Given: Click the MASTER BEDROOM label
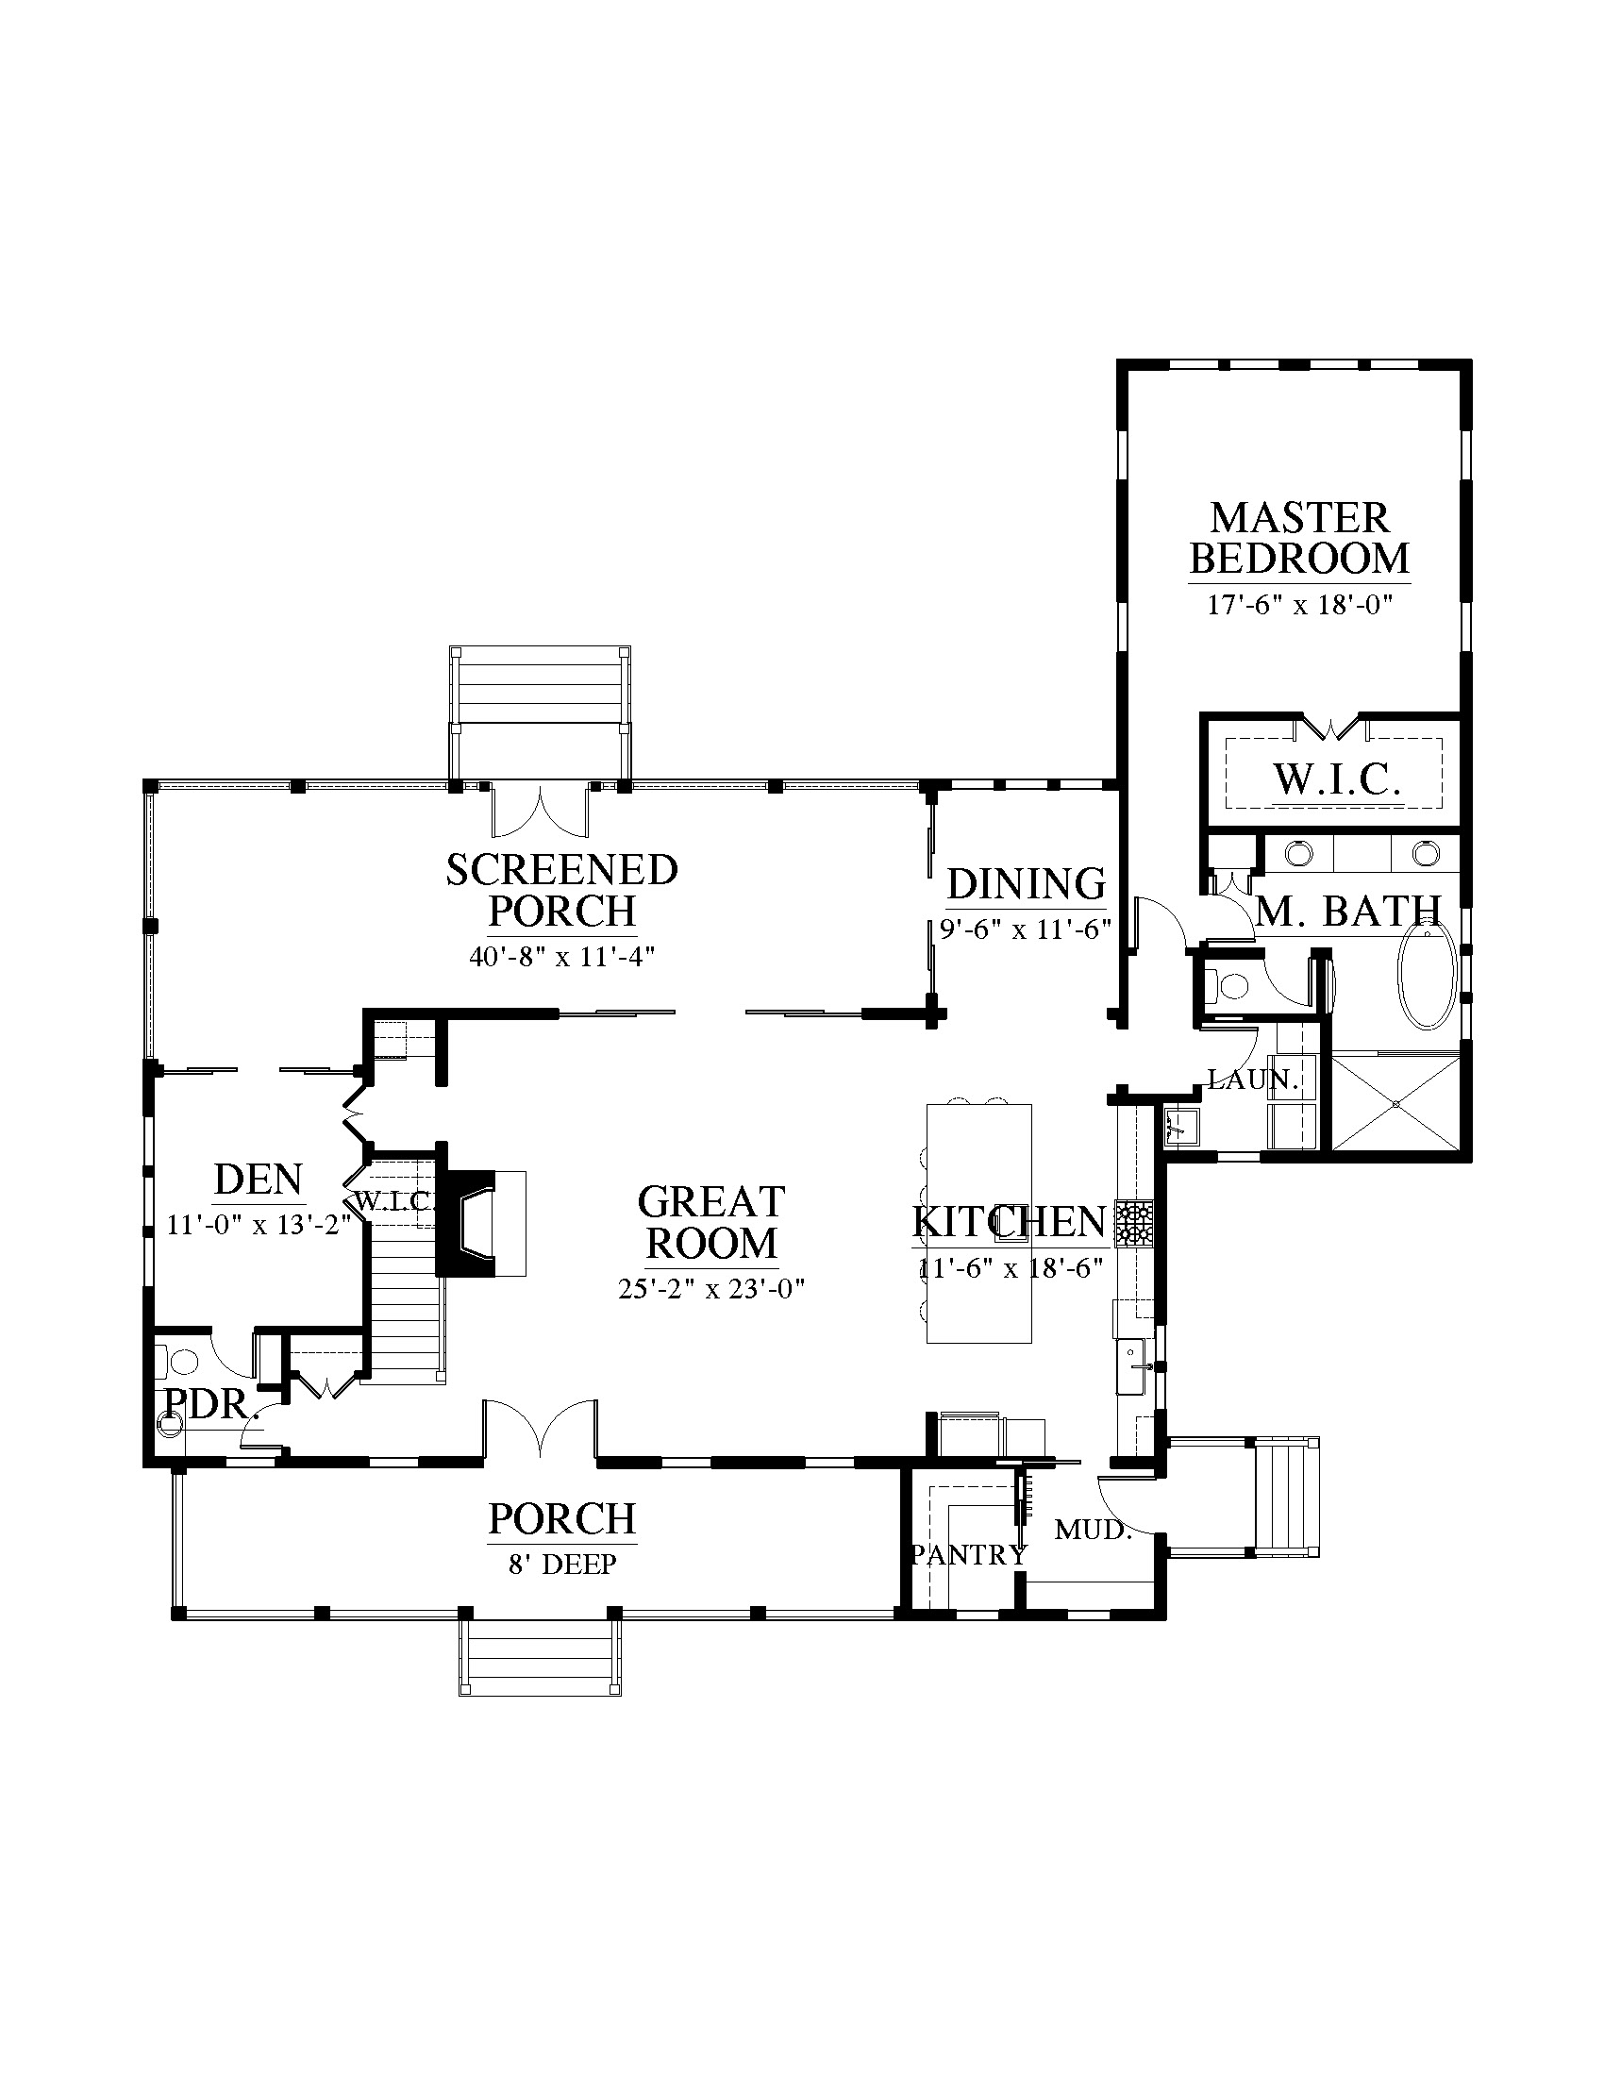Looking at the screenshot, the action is point(1299,538).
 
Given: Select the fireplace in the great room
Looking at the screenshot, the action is point(481,1222).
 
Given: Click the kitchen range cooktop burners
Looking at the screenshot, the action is point(1134,1223).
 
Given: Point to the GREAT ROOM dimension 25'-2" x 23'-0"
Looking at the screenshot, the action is point(711,1289).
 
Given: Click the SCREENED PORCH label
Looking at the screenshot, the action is point(561,890).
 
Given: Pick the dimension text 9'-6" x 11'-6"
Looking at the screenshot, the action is point(1026,929).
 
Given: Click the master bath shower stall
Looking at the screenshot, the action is point(1395,1102).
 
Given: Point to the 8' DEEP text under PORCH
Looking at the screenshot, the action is point(562,1564).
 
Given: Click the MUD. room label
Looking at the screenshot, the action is point(1094,1530).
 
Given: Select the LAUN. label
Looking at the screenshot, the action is point(1252,1079).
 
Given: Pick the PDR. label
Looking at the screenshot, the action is point(212,1403).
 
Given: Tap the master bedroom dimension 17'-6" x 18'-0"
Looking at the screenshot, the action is point(1300,605).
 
